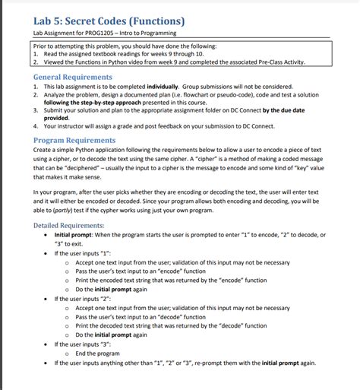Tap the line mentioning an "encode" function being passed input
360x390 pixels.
tap(141, 271)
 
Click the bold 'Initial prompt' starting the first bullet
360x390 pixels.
tap(73, 235)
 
